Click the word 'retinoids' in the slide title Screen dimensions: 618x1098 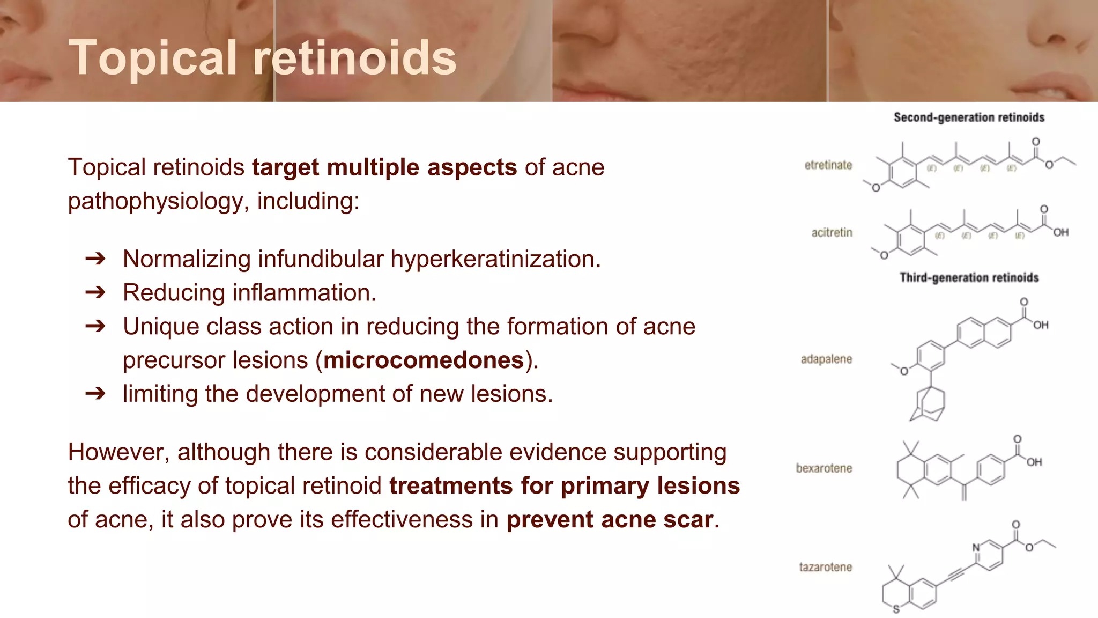pos(354,58)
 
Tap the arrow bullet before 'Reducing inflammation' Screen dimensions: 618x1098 pos(95,292)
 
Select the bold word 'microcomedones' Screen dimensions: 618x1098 pos(424,360)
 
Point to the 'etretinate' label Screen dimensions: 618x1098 pos(828,165)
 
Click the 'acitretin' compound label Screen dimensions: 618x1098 pos(832,232)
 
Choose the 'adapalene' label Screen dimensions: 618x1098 pos(826,359)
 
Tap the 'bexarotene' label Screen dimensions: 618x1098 pos(824,468)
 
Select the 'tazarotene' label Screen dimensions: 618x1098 pos(825,567)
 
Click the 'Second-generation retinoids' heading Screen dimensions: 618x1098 pos(969,117)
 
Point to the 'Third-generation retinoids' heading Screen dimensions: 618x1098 pos(969,277)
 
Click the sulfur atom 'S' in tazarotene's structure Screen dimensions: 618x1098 pos(896,609)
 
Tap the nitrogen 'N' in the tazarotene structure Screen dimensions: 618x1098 pos(976,547)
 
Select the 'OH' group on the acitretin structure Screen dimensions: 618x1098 pos(1060,232)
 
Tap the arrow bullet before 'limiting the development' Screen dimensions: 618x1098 pos(95,394)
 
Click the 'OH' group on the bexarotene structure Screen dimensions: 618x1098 pos(1034,462)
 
